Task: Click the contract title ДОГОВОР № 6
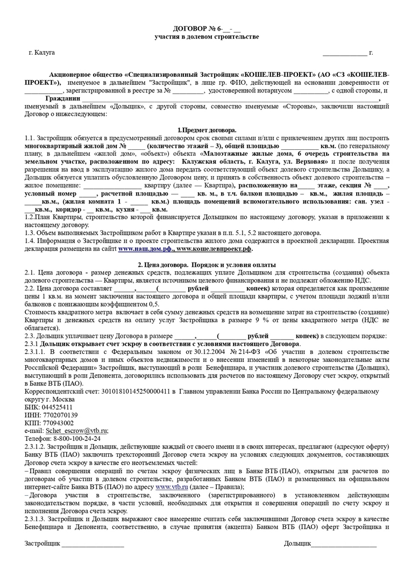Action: click(207, 28)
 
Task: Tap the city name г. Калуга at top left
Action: click(41, 53)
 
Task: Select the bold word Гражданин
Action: click(66, 99)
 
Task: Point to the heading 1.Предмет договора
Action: click(207, 130)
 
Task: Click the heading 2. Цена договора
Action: click(207, 265)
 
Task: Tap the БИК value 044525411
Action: click(56, 407)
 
